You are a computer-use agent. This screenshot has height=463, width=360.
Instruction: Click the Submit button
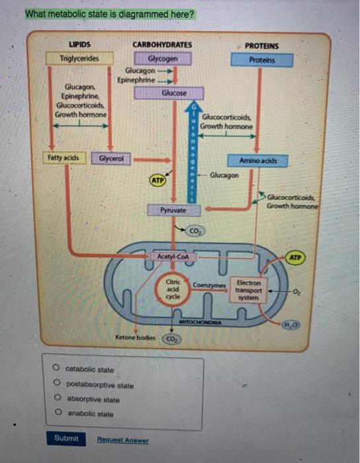tap(66, 439)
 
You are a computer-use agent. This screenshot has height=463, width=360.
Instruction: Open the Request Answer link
tap(122, 440)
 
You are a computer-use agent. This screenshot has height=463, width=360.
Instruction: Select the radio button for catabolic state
tap(58, 369)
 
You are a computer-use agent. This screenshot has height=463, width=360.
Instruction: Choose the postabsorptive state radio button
tap(58, 384)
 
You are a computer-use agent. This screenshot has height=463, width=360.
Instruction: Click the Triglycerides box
tap(79, 58)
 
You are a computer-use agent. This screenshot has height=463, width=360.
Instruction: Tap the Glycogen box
tap(162, 58)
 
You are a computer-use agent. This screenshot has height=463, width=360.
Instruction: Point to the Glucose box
tap(174, 94)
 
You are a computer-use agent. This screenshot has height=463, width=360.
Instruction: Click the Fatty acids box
tap(64, 158)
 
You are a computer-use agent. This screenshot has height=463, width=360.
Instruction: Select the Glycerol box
tap(111, 159)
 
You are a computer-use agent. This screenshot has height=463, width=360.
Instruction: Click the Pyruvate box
tap(173, 210)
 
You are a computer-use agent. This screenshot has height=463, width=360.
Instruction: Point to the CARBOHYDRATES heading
tap(162, 45)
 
